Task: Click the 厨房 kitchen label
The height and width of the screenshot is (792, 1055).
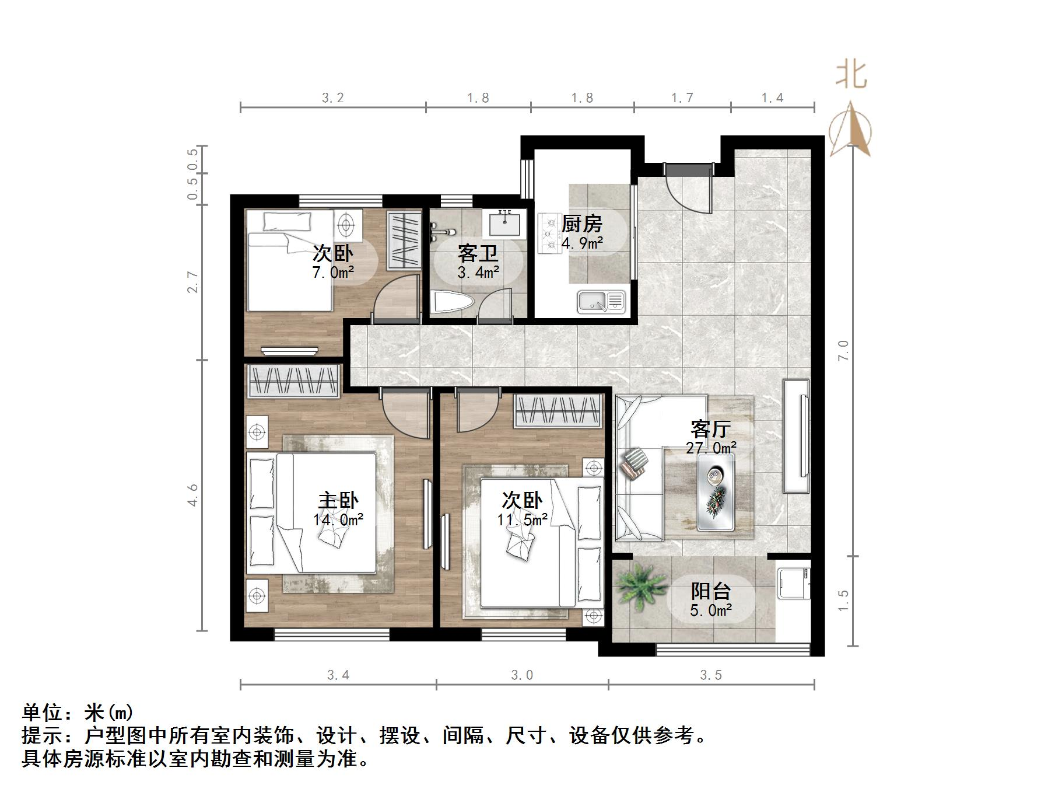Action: point(581,224)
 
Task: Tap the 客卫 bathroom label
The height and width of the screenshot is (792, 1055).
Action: point(478,254)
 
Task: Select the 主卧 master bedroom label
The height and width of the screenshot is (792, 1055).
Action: point(338,501)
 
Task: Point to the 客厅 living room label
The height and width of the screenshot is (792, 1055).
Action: point(710,430)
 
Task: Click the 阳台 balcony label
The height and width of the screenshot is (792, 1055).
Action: point(710,592)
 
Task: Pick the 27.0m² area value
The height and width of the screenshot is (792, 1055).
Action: point(711,448)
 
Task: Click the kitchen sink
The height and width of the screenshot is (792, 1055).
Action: point(601,301)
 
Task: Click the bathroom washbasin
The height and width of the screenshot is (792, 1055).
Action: point(504,223)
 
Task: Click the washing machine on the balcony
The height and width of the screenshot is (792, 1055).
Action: point(793,580)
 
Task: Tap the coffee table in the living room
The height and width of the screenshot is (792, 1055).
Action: point(716,492)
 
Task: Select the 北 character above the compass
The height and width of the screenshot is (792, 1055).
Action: point(851,75)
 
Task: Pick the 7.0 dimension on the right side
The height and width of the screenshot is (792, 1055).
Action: point(844,351)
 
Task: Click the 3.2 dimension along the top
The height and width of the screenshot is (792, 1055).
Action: point(333,97)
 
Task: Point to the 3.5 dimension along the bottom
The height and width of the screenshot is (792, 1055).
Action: point(711,675)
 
